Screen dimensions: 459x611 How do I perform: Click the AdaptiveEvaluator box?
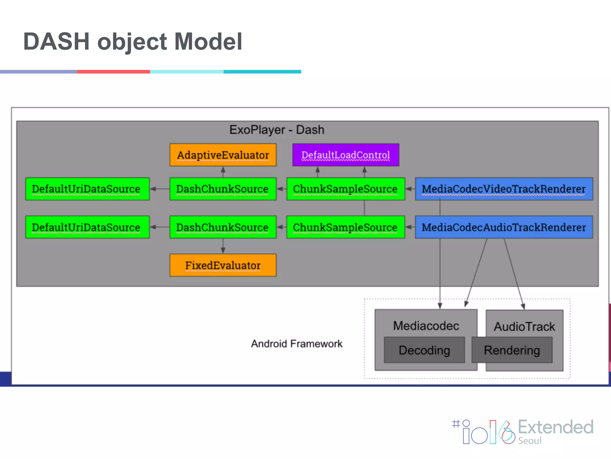pos(223,155)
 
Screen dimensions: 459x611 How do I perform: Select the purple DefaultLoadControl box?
pos(345,155)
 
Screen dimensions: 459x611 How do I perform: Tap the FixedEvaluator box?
pos(223,265)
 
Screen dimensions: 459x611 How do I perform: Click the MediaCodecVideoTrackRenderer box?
pos(504,189)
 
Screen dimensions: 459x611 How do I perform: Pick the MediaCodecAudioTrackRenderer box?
pos(504,227)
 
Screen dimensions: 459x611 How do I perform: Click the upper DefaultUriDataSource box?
pos(87,189)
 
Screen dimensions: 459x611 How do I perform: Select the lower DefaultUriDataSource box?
pos(87,227)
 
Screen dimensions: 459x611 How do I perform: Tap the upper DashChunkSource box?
pos(223,189)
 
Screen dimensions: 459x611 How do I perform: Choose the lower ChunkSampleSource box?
pos(345,227)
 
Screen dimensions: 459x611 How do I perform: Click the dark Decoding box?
pos(424,350)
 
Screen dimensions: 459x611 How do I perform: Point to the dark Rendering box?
pos(512,350)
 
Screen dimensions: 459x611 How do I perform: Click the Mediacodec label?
pos(426,326)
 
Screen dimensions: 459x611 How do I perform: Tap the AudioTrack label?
pos(524,326)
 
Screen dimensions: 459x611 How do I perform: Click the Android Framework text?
pos(297,344)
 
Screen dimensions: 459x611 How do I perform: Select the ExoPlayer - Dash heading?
pos(277,130)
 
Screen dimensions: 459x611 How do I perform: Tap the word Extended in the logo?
pos(556,427)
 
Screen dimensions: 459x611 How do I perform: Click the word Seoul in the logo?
pos(530,441)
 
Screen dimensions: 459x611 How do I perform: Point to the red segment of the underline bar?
pos(113,72)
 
